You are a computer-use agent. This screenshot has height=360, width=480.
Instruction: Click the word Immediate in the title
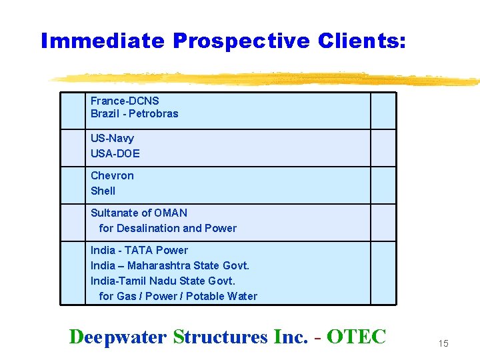[103, 41]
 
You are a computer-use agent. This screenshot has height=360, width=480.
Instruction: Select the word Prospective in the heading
[241, 41]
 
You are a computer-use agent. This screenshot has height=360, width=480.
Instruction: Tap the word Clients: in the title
[361, 41]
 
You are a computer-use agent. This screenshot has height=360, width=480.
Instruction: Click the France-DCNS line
[125, 101]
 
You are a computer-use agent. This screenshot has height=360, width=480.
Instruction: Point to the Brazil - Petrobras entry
[135, 113]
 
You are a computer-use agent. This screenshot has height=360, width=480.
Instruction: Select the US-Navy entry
[112, 138]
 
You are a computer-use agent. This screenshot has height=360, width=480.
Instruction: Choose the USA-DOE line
[115, 153]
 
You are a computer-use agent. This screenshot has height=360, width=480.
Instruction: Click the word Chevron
[112, 175]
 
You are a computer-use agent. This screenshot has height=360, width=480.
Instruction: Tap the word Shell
[103, 191]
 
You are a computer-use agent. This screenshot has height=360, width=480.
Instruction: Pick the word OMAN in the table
[171, 213]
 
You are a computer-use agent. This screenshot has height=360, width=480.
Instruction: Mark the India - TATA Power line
[139, 250]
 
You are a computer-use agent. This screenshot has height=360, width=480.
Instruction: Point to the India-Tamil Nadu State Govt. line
[163, 281]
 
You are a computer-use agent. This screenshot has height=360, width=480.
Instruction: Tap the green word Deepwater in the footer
[117, 337]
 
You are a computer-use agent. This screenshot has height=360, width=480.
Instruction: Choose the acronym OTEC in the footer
[357, 337]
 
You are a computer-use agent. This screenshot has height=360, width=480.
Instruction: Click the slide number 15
[443, 343]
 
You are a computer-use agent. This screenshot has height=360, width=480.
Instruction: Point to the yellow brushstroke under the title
[267, 78]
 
